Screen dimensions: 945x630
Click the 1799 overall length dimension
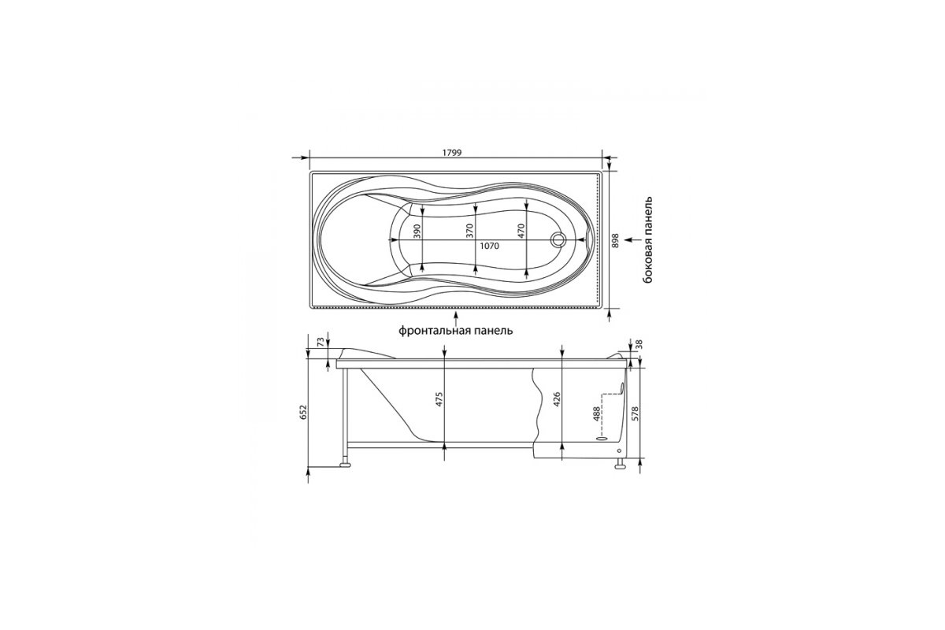tap(452, 153)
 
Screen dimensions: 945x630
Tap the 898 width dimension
tap(615, 240)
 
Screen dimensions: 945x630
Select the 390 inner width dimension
tap(417, 232)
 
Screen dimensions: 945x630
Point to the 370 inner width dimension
tap(470, 232)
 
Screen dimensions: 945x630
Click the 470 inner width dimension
tap(521, 232)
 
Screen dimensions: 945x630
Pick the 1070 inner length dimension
tap(489, 246)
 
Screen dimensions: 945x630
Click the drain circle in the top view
tap(558, 240)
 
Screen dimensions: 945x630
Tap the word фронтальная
tap(430, 331)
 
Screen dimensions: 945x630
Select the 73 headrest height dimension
tap(321, 341)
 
